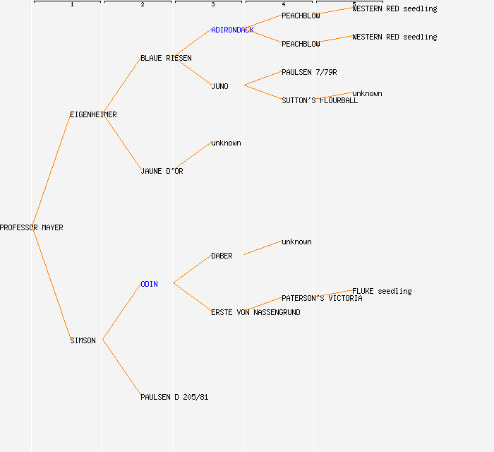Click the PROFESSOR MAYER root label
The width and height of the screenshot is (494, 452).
tap(31, 228)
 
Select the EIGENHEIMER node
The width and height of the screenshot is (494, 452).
tap(93, 115)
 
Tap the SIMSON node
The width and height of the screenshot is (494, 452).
tap(83, 341)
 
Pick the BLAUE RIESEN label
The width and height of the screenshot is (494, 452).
tap(166, 59)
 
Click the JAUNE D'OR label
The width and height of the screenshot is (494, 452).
tap(162, 172)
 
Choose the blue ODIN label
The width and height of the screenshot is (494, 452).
tap(149, 285)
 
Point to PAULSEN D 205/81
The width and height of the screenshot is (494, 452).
tap(174, 398)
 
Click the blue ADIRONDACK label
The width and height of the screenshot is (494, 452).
tap(232, 30)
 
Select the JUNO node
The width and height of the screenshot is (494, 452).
tap(219, 87)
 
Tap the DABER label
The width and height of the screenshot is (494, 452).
tap(222, 256)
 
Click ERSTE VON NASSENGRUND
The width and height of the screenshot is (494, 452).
tap(255, 313)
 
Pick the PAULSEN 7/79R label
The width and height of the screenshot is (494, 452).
tap(309, 73)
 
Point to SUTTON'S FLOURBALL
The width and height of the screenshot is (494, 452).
tap(320, 101)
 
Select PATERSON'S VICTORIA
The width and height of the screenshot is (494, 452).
tap(322, 299)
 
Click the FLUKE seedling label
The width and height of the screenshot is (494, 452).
tap(382, 292)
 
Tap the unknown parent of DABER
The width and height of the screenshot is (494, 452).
tap(296, 242)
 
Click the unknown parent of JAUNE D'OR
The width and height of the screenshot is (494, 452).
tap(226, 143)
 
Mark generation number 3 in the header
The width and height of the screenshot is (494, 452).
tap(212, 5)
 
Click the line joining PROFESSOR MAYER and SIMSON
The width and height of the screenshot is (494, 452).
tap(51, 284)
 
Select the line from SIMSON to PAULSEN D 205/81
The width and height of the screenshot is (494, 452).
tap(121, 368)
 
